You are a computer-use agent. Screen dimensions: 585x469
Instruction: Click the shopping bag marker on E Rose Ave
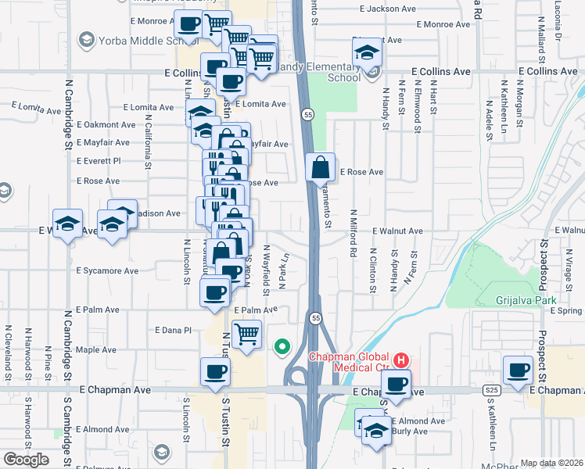coord(321,166)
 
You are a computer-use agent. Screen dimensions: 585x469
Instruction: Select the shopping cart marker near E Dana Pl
coord(247,334)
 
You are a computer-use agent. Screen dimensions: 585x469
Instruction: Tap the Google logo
coord(26,460)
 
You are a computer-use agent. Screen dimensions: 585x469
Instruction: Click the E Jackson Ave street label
coord(388,9)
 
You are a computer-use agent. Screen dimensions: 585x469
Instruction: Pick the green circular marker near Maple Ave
coord(282,345)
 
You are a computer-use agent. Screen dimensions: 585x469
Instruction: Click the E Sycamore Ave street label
coord(107,271)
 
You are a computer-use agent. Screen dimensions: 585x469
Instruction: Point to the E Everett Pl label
coord(99,161)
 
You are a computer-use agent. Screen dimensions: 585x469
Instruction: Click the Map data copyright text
coord(551,463)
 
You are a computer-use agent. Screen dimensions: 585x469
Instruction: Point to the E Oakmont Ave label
coord(106,125)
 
